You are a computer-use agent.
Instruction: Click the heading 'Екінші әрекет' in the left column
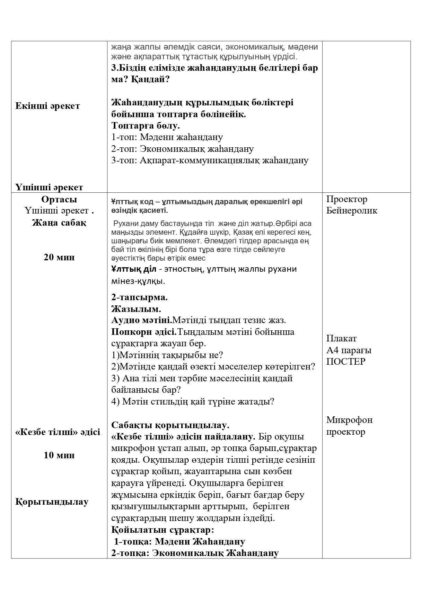pos(47,106)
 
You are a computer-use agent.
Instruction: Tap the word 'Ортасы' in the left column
pos(59,199)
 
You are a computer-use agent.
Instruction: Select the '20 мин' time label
pos(59,257)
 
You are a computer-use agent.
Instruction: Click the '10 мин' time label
pos(59,455)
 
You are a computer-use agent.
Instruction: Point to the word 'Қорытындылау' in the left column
pos(52,502)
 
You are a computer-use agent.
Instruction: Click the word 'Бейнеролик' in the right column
pos(352,211)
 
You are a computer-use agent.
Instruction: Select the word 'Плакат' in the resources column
pos(341,338)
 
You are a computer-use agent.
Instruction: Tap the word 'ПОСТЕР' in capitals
pos(346,362)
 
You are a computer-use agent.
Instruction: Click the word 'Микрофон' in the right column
pos(349,420)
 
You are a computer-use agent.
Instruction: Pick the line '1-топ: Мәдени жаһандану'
pos(167,137)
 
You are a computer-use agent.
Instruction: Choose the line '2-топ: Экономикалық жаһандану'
pos(182,149)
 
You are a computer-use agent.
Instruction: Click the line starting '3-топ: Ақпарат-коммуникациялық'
pos(210,160)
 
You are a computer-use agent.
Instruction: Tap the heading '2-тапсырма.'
pos(140,297)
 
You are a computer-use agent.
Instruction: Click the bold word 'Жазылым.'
pos(136,309)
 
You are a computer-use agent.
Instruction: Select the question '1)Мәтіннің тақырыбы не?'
pos(167,355)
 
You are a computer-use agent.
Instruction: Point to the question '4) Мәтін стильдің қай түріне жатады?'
pos(193,402)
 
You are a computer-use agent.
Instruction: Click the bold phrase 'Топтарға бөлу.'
pos(146,125)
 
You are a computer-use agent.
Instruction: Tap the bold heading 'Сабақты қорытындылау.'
pos(170,425)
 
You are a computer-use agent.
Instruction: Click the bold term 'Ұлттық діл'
pos(134,269)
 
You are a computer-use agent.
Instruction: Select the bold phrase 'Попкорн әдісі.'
pos(144,332)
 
